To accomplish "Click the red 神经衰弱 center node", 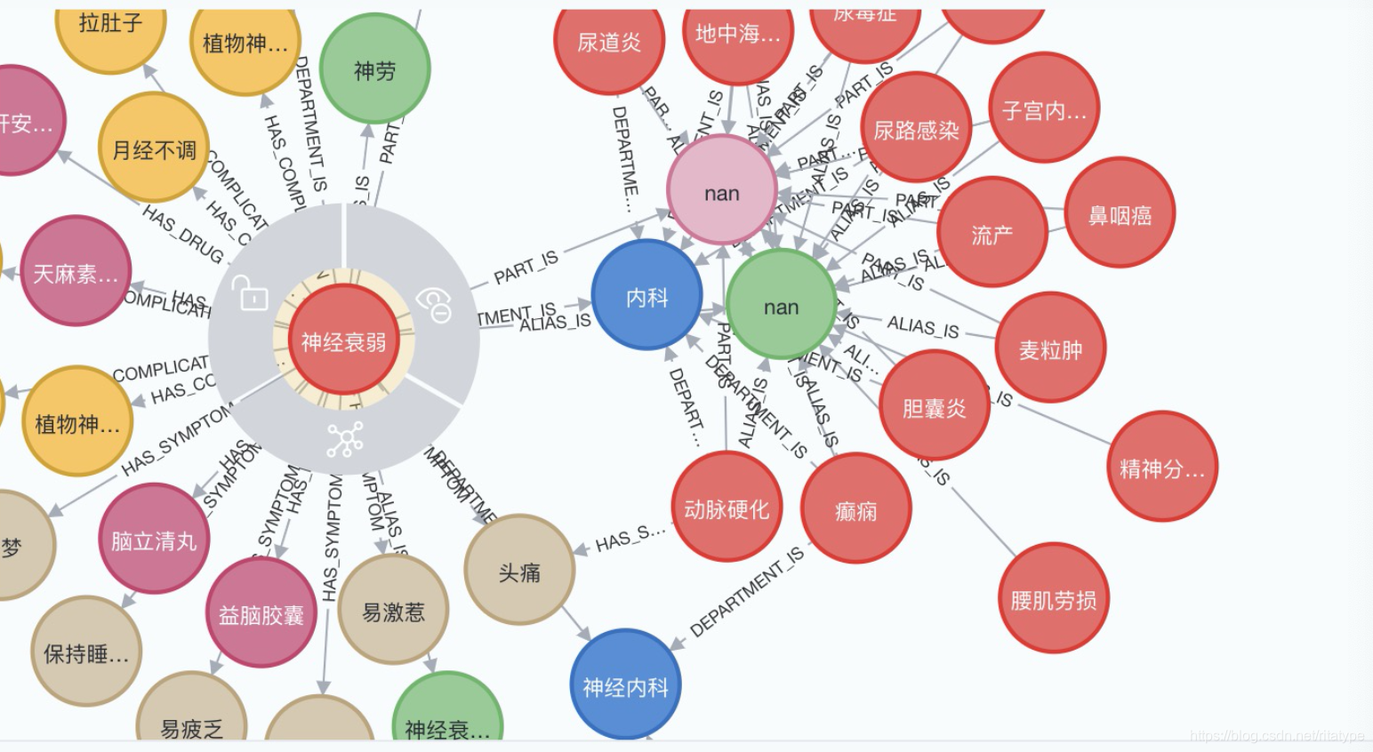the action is point(343,340).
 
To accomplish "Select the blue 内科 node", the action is point(646,296).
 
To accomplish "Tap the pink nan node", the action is point(721,192).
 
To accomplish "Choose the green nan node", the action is point(781,306).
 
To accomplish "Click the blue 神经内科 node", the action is point(624,685).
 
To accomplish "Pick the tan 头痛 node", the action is point(519,571).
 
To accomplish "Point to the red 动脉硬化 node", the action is point(727,508).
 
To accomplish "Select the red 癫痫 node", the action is point(855,509).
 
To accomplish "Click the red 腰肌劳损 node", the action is point(1053,599).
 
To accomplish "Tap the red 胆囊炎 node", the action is point(934,406).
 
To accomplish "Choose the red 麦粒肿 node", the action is point(1050,348).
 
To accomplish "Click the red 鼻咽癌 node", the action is point(1120,213).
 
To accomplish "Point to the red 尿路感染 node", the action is point(916,129).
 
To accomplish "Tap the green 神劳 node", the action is point(374,69).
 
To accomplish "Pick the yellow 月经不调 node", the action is point(154,148).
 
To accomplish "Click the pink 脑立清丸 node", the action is point(154,539).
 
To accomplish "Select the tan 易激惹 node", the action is point(393,610).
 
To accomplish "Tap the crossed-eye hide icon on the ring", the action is point(434,305).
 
